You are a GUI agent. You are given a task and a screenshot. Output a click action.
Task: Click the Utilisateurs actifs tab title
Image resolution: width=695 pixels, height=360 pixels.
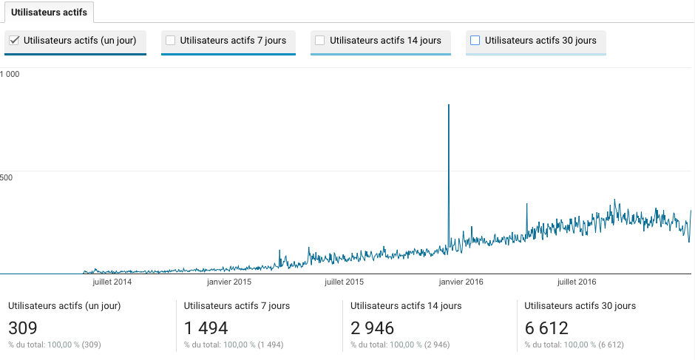coord(49,13)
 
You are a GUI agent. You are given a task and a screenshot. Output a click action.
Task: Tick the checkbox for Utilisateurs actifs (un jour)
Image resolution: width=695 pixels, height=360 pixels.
coord(14,41)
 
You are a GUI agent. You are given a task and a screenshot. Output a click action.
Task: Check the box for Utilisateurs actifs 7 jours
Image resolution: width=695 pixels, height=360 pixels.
coord(171,41)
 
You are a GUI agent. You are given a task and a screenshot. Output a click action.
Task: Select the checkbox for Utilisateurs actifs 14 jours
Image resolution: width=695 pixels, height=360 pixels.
coord(320,41)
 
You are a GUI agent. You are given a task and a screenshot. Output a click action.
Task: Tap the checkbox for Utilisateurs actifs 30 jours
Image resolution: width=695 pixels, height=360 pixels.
coord(475,41)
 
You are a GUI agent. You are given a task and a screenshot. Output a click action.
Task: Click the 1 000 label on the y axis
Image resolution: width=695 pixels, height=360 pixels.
coord(10,74)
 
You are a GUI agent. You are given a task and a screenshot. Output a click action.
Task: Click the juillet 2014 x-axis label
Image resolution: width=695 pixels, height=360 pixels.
coord(112,282)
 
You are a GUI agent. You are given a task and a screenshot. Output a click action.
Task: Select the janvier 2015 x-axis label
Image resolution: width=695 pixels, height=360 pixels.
coord(229,282)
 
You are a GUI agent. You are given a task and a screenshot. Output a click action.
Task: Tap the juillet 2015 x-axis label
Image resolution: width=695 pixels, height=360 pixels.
coord(344,282)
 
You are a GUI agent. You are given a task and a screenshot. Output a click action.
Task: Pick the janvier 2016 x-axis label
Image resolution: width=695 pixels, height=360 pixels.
coord(461,282)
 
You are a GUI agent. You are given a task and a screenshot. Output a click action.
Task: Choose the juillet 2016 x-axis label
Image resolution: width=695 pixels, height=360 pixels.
coord(576,282)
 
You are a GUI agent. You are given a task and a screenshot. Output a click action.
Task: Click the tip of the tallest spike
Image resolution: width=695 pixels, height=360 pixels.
coord(449,105)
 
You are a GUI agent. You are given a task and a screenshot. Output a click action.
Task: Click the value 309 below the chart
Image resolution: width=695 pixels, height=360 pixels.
coord(23,328)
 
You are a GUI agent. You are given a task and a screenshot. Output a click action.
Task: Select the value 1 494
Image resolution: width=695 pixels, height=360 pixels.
coord(206,328)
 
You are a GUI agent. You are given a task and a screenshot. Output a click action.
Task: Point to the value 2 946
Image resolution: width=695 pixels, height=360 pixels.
coord(373,328)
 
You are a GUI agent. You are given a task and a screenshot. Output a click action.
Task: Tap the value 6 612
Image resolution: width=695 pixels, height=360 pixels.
coord(546,328)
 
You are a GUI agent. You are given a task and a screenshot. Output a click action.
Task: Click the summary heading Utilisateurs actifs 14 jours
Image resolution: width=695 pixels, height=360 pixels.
coord(406,305)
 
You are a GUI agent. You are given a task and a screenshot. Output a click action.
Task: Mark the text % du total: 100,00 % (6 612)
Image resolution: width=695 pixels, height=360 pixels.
coord(574,345)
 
